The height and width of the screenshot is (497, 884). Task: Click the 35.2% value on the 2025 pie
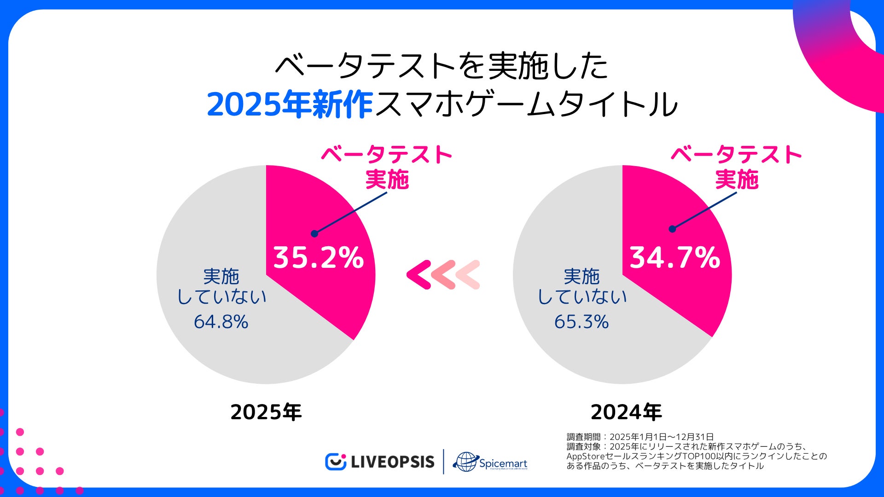[x=319, y=257]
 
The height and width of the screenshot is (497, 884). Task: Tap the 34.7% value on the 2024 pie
[x=675, y=257]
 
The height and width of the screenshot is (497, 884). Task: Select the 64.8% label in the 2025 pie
[x=221, y=322]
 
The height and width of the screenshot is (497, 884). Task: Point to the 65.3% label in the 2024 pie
[x=582, y=322]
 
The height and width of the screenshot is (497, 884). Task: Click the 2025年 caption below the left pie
[x=266, y=412]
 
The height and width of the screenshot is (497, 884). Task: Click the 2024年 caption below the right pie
[x=626, y=412]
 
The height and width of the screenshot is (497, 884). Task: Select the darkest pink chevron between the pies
[x=419, y=275]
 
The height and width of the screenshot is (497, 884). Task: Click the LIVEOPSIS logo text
[x=392, y=462]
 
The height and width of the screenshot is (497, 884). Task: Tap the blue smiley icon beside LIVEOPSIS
[x=335, y=462]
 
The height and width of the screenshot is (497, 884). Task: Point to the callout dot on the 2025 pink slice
[x=314, y=234]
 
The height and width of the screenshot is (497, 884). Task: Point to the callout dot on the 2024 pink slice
[x=672, y=229]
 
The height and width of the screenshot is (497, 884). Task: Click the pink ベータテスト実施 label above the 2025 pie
[x=387, y=167]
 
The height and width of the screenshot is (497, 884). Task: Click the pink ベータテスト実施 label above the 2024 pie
[x=736, y=167]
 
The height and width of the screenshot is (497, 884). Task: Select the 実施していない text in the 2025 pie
[x=221, y=287]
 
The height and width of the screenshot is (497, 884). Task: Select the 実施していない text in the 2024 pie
[x=582, y=287]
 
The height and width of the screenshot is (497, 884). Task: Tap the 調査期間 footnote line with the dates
[x=640, y=437]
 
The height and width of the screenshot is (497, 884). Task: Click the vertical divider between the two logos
[x=443, y=462]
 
